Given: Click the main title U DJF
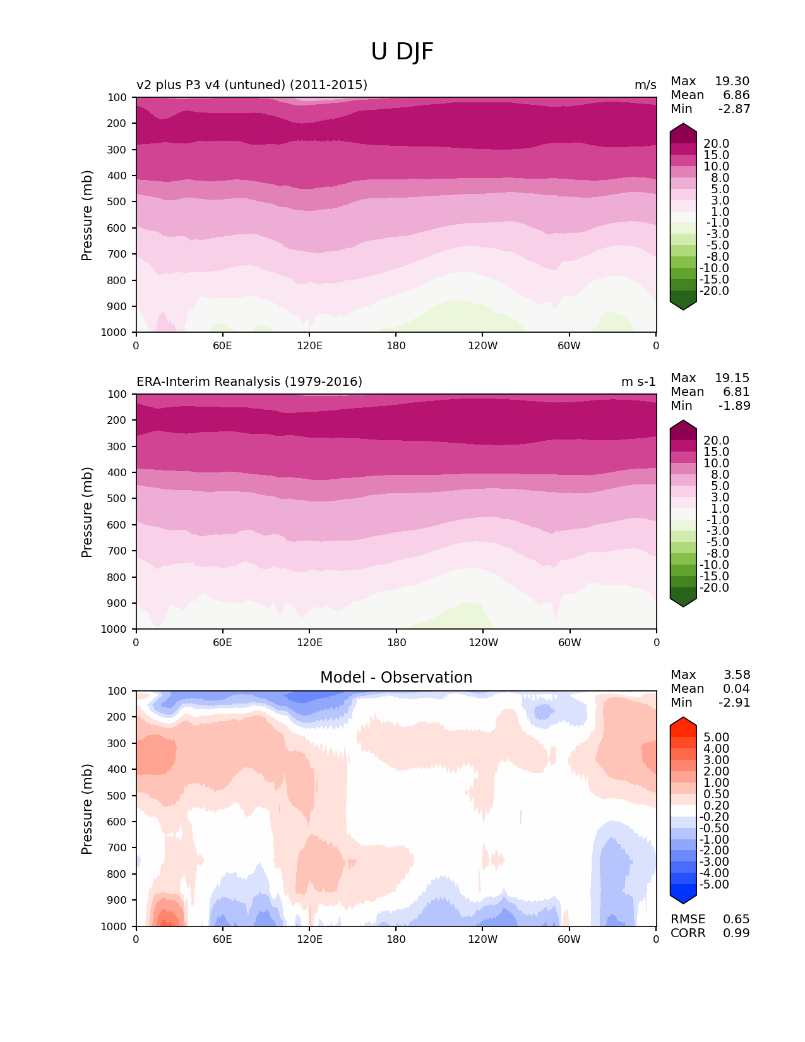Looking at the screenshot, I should point(402,52).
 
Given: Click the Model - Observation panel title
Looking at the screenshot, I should point(396,678).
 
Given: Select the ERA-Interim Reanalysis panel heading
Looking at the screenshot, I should point(249,382).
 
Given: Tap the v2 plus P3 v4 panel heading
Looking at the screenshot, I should point(252,85).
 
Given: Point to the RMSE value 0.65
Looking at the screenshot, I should point(736,919).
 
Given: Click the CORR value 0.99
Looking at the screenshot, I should point(736,933).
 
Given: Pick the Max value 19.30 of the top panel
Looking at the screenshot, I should point(732,81).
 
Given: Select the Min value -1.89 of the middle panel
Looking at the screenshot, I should point(734,406).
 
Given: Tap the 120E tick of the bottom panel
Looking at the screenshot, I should point(309,939).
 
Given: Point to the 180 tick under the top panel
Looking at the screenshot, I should point(396,345).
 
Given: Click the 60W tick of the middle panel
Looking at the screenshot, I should point(569,642).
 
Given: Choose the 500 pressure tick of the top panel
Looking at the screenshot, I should point(117,202).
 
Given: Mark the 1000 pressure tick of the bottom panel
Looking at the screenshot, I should point(114,926).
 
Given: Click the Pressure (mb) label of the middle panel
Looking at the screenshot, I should point(87,512).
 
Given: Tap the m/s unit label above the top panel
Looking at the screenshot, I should point(645,85).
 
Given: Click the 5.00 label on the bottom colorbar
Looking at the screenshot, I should point(716,738).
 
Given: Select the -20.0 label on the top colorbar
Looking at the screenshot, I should point(715,291).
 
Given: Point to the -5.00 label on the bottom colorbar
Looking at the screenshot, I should point(715,885).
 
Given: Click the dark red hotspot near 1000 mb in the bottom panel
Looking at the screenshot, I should point(165,920).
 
